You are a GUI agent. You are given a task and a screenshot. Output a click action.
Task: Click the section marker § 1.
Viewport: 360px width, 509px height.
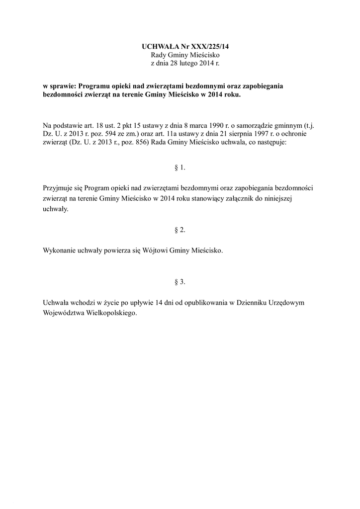click(180, 168)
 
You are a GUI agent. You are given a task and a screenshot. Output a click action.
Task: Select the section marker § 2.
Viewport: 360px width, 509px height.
click(180, 230)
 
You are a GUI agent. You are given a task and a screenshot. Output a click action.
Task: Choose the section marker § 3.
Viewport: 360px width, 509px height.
click(180, 282)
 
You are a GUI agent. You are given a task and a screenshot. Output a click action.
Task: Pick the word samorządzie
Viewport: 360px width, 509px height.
click(245, 126)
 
